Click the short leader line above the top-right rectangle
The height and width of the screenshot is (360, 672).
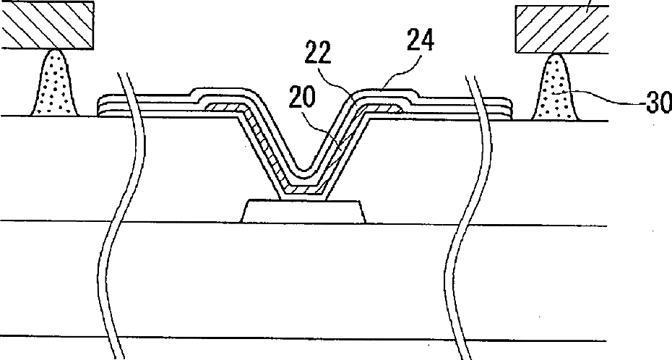point(590,4)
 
